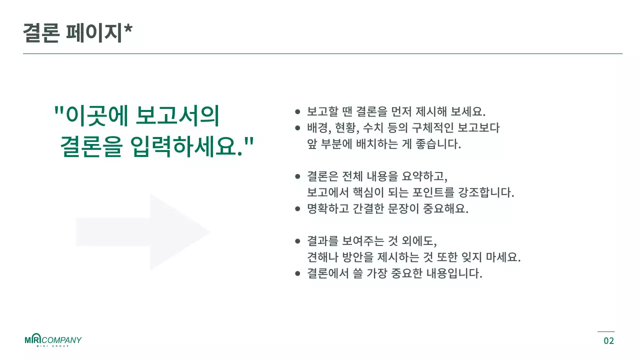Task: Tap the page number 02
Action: point(608,341)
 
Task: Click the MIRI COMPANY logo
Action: point(53,340)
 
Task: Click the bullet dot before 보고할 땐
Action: point(297,111)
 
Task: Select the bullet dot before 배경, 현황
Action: point(297,128)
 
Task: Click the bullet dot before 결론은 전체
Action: point(297,176)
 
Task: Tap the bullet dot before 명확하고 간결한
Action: point(297,209)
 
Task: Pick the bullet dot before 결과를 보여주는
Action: point(297,241)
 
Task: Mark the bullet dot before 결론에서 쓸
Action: point(297,274)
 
